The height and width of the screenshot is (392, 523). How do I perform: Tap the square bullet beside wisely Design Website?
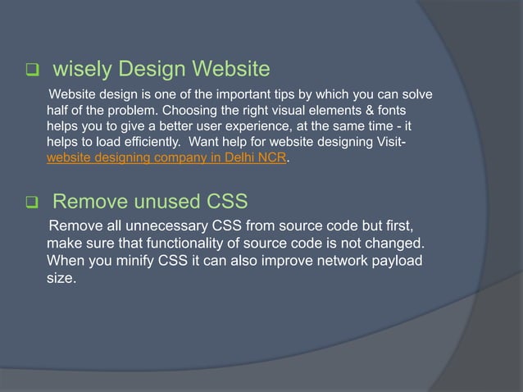pyautogui.click(x=33, y=69)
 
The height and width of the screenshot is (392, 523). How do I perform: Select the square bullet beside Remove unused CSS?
pyautogui.click(x=33, y=203)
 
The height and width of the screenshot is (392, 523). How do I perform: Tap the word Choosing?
pyautogui.click(x=219, y=110)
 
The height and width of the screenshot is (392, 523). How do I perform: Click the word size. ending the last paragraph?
pyautogui.click(x=61, y=279)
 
